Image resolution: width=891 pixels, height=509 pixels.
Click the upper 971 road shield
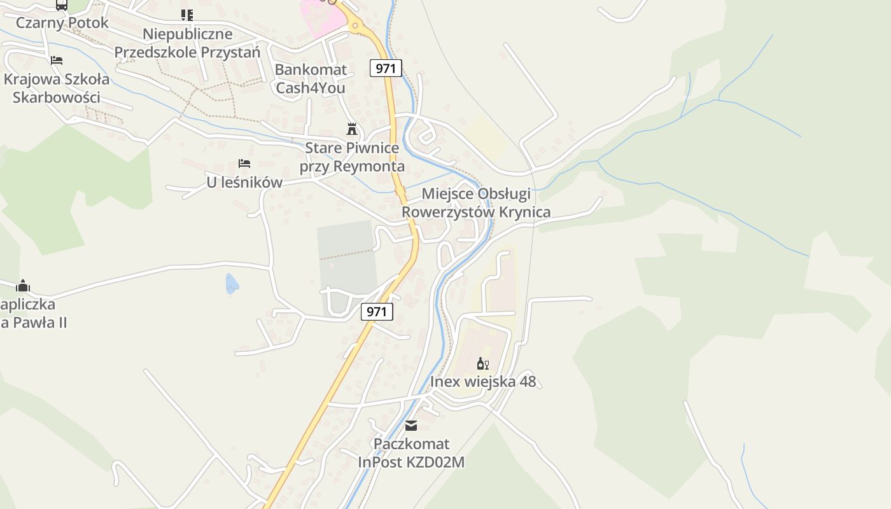[x=386, y=68]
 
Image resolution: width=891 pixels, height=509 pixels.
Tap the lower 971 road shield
[x=377, y=312]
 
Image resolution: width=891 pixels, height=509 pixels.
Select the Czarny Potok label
[x=62, y=23]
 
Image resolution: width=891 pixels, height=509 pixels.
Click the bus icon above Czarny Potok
[x=62, y=5]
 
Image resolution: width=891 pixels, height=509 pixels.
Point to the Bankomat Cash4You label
[x=311, y=78]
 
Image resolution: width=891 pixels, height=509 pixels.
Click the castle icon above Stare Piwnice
[x=351, y=129]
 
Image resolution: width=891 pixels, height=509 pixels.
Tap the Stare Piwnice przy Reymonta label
[x=352, y=157]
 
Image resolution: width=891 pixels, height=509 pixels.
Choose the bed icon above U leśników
[x=244, y=164]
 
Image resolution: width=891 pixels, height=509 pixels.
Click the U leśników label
[x=244, y=183]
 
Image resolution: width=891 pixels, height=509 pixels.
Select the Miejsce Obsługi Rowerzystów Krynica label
[x=476, y=203]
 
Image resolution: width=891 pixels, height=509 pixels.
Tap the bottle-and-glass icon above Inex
[x=483, y=364]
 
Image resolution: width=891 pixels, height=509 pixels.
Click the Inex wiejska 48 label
[x=483, y=382]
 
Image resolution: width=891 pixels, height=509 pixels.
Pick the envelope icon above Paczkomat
[x=411, y=425]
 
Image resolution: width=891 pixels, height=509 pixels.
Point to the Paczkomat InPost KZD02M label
[x=411, y=452]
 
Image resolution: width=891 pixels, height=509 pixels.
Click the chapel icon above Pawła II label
[x=23, y=286]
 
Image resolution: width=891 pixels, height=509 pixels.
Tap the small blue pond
[x=232, y=284]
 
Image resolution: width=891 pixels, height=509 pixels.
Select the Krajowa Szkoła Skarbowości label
[x=57, y=88]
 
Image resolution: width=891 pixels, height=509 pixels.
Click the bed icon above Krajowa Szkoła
[x=57, y=60]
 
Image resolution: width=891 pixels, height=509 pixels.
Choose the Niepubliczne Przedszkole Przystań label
[x=187, y=43]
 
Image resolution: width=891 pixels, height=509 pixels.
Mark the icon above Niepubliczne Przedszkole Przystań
[x=187, y=15]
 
